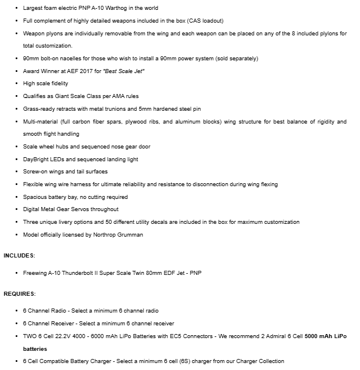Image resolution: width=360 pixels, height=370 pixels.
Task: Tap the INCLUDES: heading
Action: (x=19, y=255)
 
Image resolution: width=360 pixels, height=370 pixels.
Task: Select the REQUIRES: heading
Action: (x=20, y=293)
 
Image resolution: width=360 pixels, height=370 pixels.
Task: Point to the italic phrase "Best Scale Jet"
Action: (x=123, y=71)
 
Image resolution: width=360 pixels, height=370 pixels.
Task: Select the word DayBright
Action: (x=36, y=159)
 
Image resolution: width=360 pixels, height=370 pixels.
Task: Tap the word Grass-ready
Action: (x=39, y=109)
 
